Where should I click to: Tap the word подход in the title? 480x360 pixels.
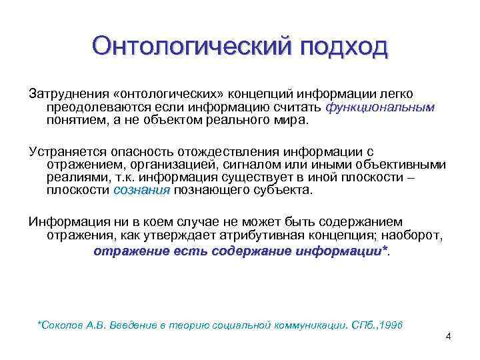(x=343, y=47)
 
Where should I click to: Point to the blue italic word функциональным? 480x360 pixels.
(x=380, y=107)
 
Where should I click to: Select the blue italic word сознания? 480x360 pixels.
(x=142, y=191)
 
